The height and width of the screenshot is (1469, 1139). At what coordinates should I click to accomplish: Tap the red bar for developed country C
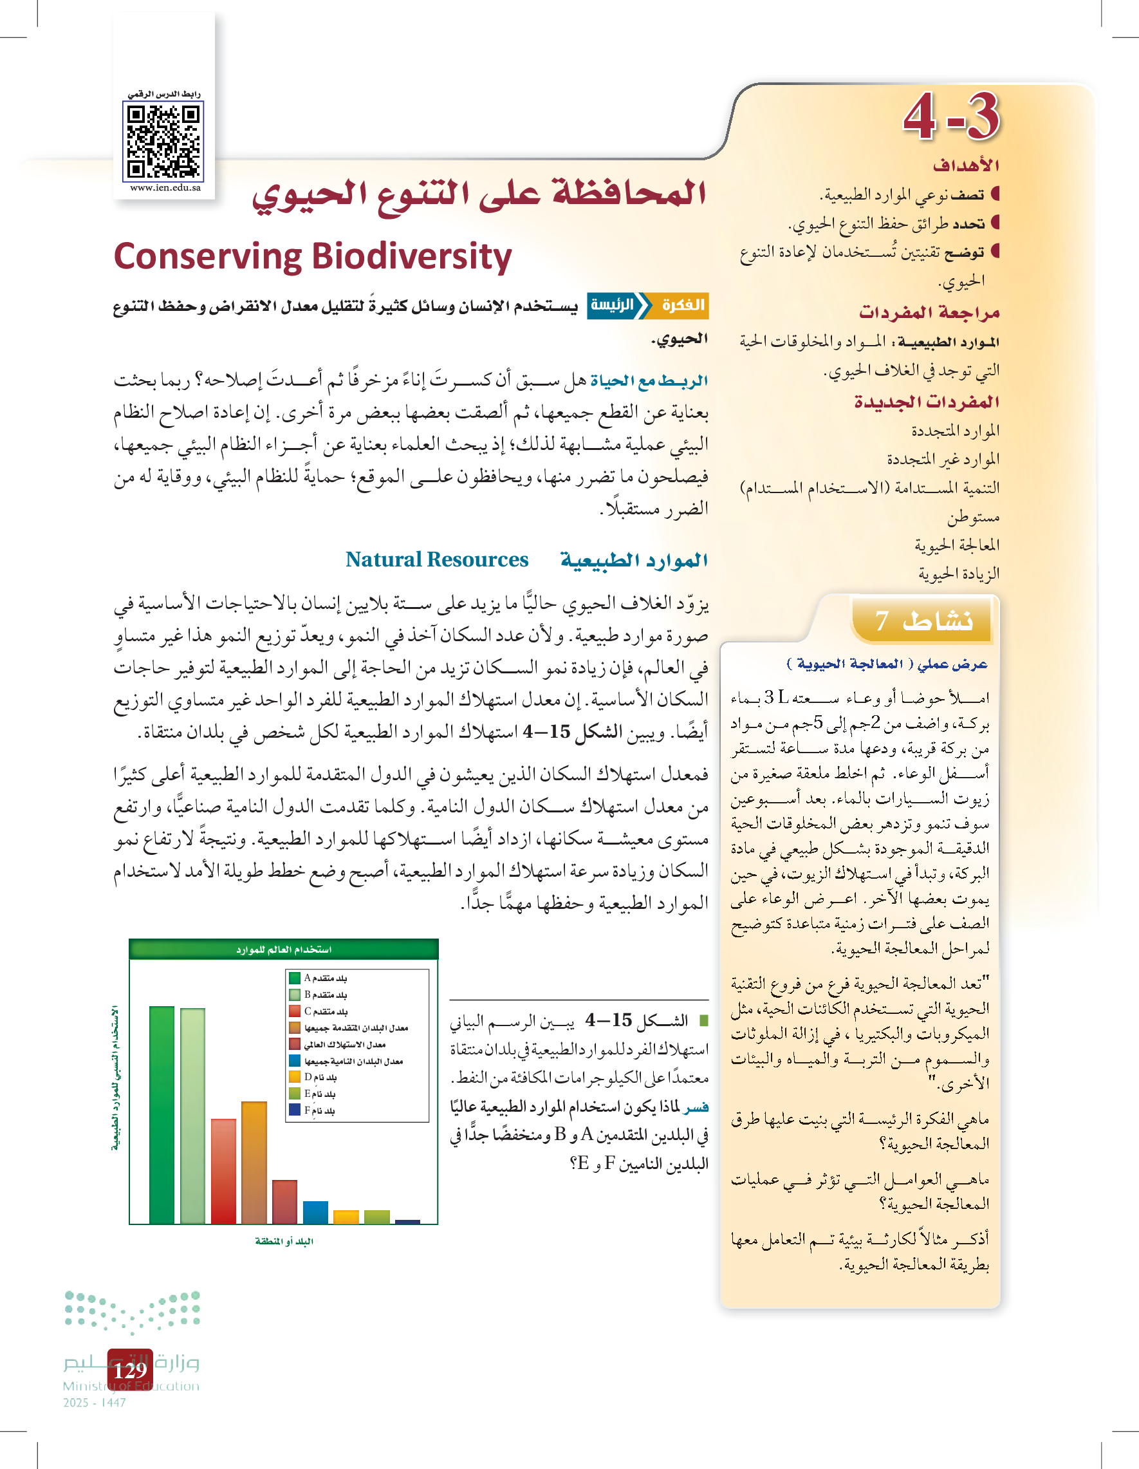(x=223, y=1171)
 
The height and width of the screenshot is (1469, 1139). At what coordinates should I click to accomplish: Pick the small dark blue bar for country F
(x=407, y=1221)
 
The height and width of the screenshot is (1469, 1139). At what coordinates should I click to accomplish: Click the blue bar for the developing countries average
(x=315, y=1212)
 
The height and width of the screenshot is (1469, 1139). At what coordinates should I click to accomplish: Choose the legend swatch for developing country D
(x=295, y=1077)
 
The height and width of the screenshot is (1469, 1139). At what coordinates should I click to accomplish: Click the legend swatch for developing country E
(x=295, y=1094)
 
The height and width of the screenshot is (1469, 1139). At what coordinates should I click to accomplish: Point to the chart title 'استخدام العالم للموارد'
(x=284, y=949)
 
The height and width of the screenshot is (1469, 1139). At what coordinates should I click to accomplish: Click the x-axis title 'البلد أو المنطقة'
(x=284, y=1241)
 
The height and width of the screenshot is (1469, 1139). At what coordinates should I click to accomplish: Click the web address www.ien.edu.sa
(x=165, y=188)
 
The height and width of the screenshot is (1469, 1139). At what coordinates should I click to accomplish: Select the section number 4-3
(x=950, y=117)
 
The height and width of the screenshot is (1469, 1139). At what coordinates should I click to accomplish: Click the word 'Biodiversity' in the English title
(x=411, y=257)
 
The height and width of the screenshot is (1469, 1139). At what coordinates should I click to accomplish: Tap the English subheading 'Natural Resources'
(x=437, y=559)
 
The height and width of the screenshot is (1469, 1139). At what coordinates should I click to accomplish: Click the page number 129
(x=130, y=1369)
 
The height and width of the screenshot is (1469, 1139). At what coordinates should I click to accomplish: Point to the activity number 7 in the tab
(x=882, y=621)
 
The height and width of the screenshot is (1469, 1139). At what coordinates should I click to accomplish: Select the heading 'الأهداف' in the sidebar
(x=965, y=165)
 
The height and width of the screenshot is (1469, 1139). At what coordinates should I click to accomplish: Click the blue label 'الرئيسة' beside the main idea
(x=613, y=305)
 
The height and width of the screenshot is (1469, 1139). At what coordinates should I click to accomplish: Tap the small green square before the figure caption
(x=703, y=1020)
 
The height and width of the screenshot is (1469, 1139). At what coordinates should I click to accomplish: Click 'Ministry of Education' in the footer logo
(x=131, y=1386)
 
